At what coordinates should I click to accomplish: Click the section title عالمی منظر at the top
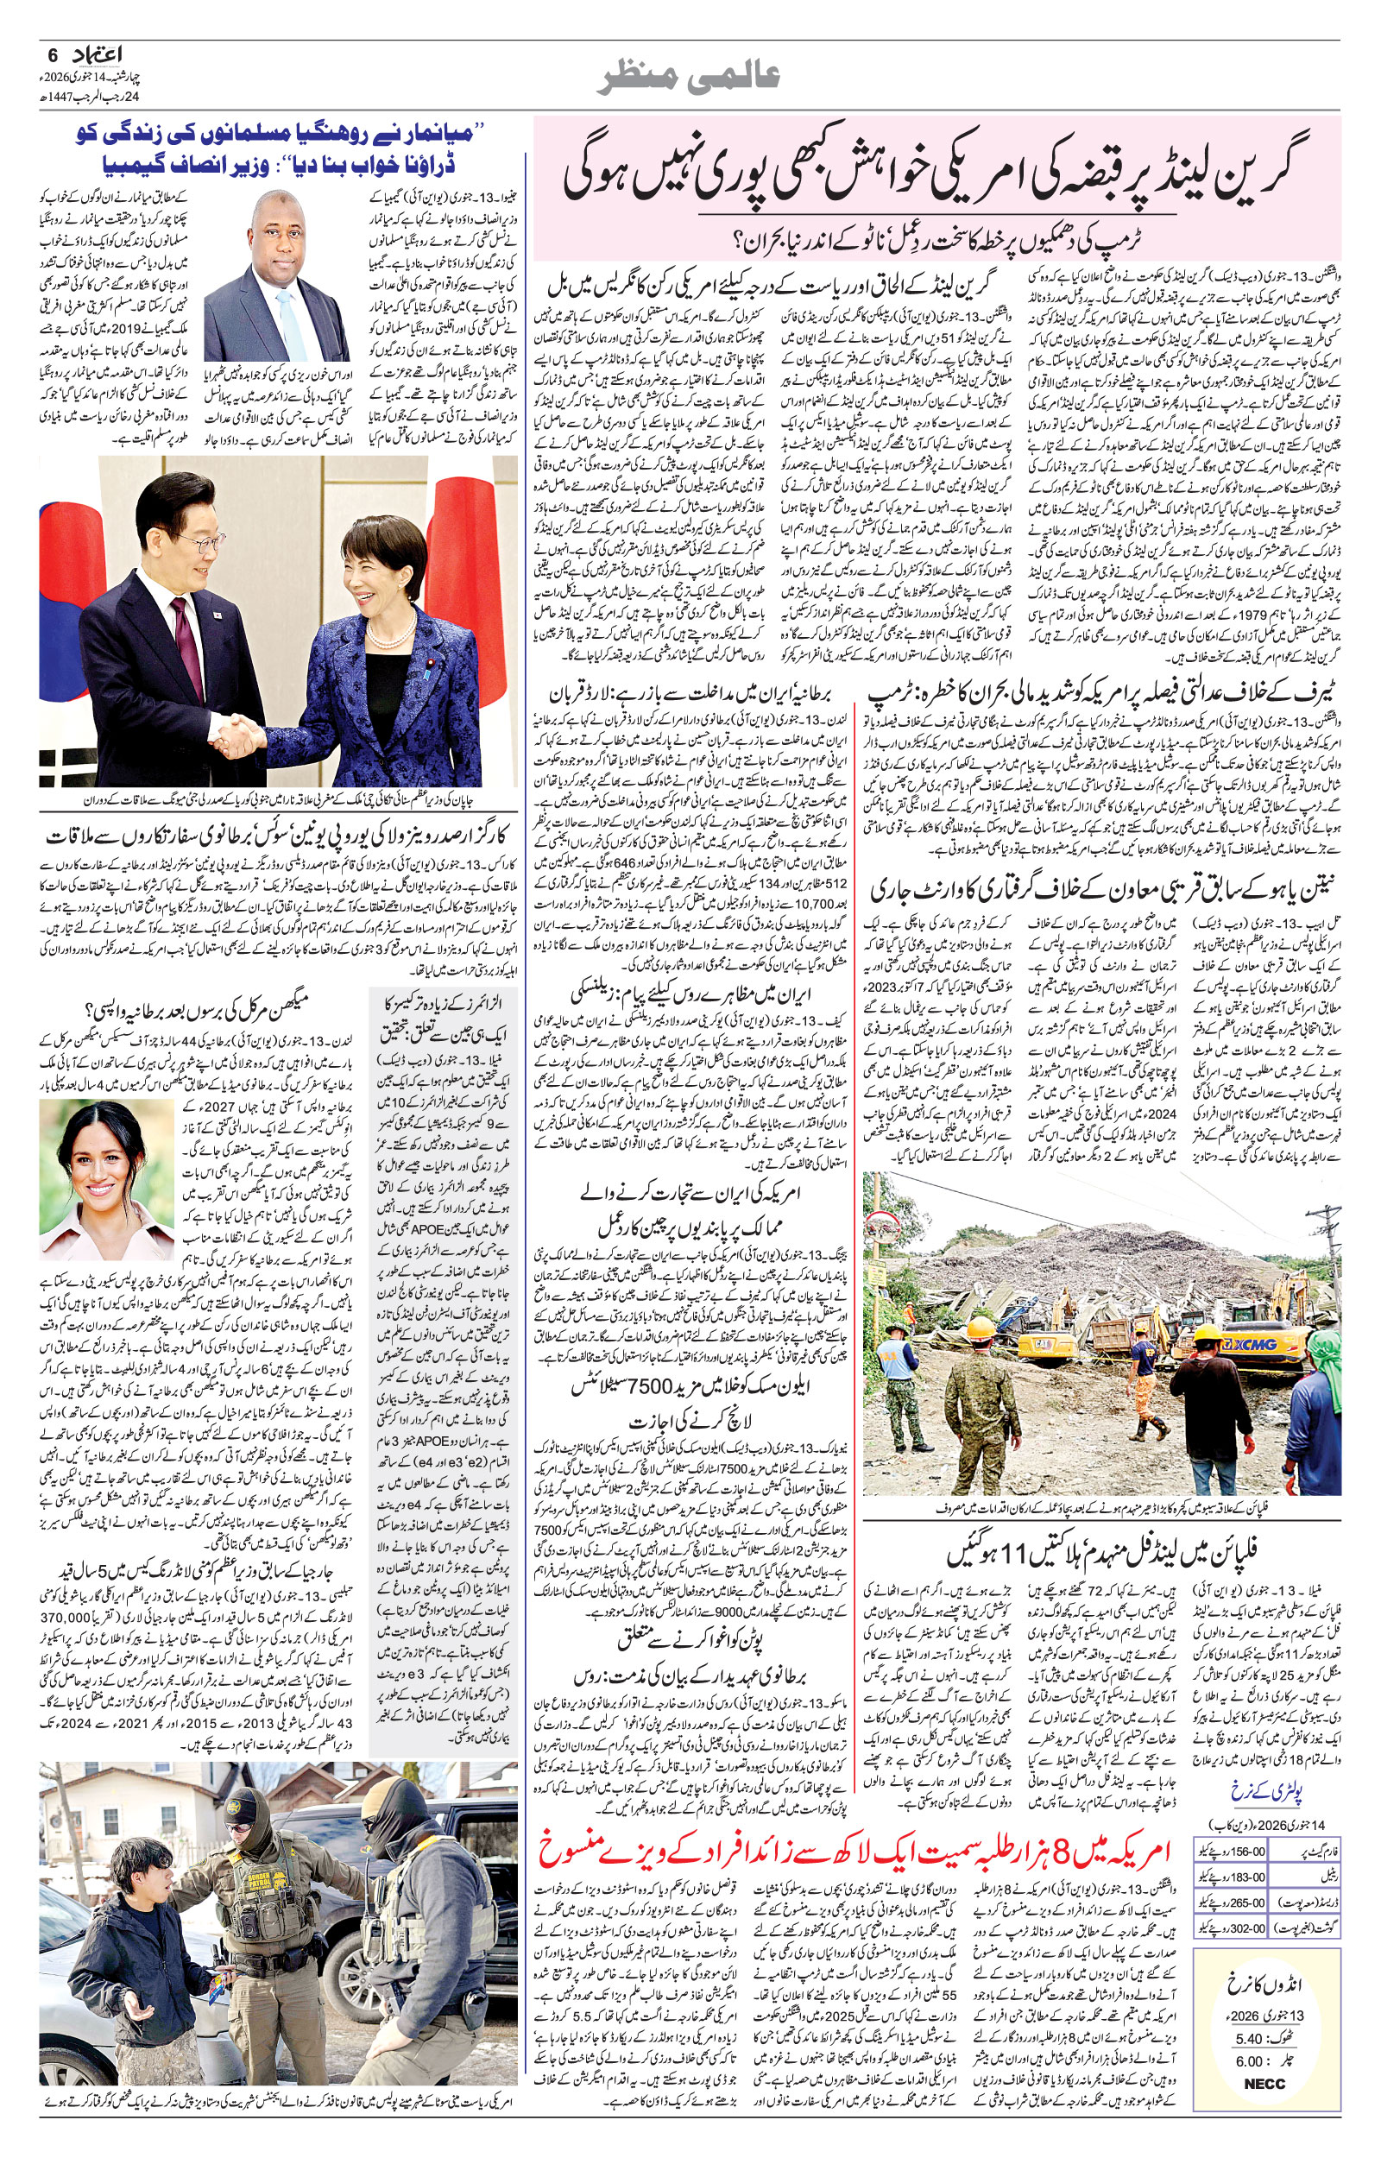click(690, 76)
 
